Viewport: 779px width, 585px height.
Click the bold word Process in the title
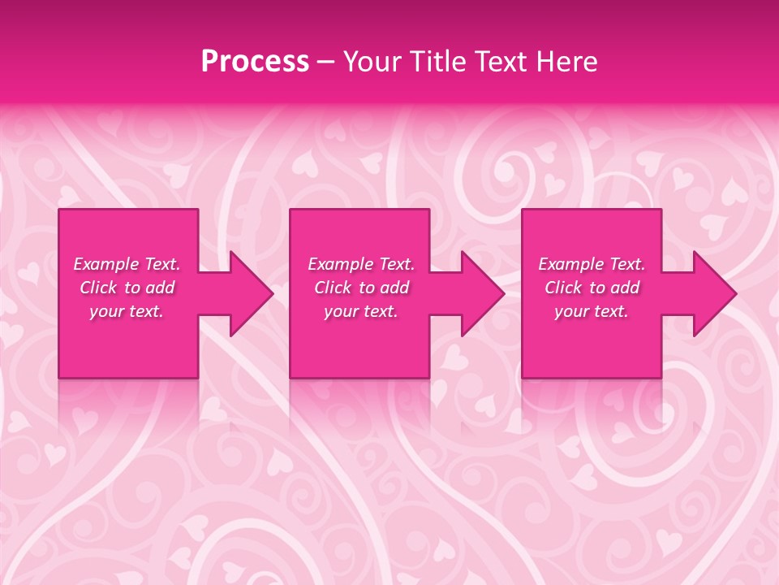(255, 62)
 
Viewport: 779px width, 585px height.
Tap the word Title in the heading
(437, 62)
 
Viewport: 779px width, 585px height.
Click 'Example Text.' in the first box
(127, 264)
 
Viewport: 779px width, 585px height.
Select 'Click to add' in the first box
(127, 288)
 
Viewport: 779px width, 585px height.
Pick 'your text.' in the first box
(127, 311)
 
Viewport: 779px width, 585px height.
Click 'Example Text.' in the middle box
(361, 264)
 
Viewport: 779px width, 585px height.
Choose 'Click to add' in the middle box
(361, 288)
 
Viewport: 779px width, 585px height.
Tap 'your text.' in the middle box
(361, 311)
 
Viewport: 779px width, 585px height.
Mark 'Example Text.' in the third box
(592, 264)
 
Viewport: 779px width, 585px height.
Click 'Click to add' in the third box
(592, 288)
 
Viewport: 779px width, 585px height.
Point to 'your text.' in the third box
(592, 311)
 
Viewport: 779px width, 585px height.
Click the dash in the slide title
(325, 63)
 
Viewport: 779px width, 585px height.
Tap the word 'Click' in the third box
(563, 288)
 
